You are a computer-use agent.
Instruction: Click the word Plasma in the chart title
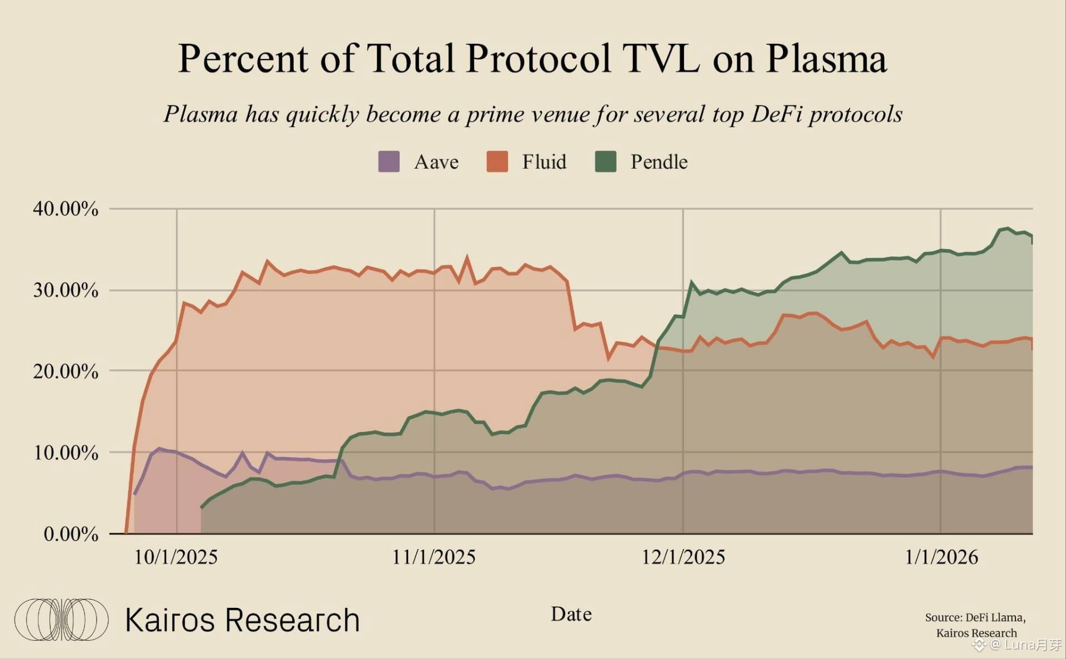click(x=826, y=59)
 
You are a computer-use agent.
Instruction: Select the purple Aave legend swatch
click(x=389, y=162)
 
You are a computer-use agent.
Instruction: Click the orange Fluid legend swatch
click(x=497, y=162)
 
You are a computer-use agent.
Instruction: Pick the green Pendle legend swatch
click(x=605, y=162)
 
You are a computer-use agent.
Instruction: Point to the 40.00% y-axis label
click(x=66, y=209)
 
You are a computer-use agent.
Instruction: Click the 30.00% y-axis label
click(x=66, y=290)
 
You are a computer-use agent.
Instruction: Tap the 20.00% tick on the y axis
click(x=66, y=371)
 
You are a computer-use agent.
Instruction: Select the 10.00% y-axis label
click(x=66, y=452)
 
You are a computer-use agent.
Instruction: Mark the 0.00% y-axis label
click(x=71, y=534)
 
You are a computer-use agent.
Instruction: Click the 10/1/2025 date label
click(x=176, y=557)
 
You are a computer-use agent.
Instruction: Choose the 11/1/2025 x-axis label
click(x=434, y=557)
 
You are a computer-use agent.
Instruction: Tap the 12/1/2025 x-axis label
click(x=683, y=557)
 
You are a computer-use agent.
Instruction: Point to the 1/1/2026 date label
click(x=941, y=557)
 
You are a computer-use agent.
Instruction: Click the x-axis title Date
click(x=571, y=614)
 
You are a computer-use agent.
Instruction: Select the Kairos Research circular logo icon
click(x=61, y=620)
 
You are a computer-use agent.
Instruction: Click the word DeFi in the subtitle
click(x=776, y=114)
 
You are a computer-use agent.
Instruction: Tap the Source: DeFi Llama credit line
click(x=975, y=617)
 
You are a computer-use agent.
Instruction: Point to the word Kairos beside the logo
click(x=170, y=620)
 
